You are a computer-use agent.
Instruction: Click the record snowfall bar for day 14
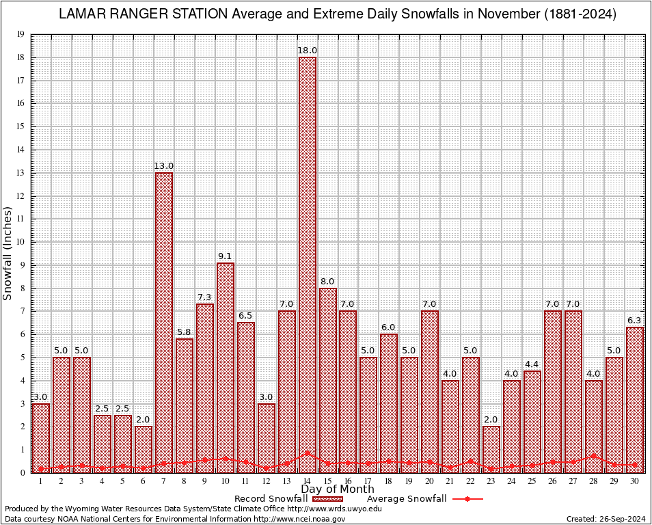pos(307,260)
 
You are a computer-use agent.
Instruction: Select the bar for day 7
pos(164,321)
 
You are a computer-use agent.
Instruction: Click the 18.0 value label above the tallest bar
pos(307,51)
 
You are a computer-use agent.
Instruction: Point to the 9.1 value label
pos(226,256)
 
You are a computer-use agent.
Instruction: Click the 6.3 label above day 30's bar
pos(635,321)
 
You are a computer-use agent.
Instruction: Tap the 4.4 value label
pos(532,364)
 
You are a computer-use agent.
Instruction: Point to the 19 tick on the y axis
pos(21,34)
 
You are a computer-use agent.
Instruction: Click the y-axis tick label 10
pos(21,242)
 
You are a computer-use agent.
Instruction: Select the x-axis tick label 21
pos(450,481)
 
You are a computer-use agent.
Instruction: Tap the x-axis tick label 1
pos(41,481)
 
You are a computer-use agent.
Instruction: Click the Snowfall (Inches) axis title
pos(8,253)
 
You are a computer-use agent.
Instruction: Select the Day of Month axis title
pos(337,489)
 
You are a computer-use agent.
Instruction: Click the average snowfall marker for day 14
pos(307,453)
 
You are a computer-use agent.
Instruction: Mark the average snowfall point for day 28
pos(594,455)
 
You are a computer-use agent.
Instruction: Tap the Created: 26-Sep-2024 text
pos(606,519)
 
